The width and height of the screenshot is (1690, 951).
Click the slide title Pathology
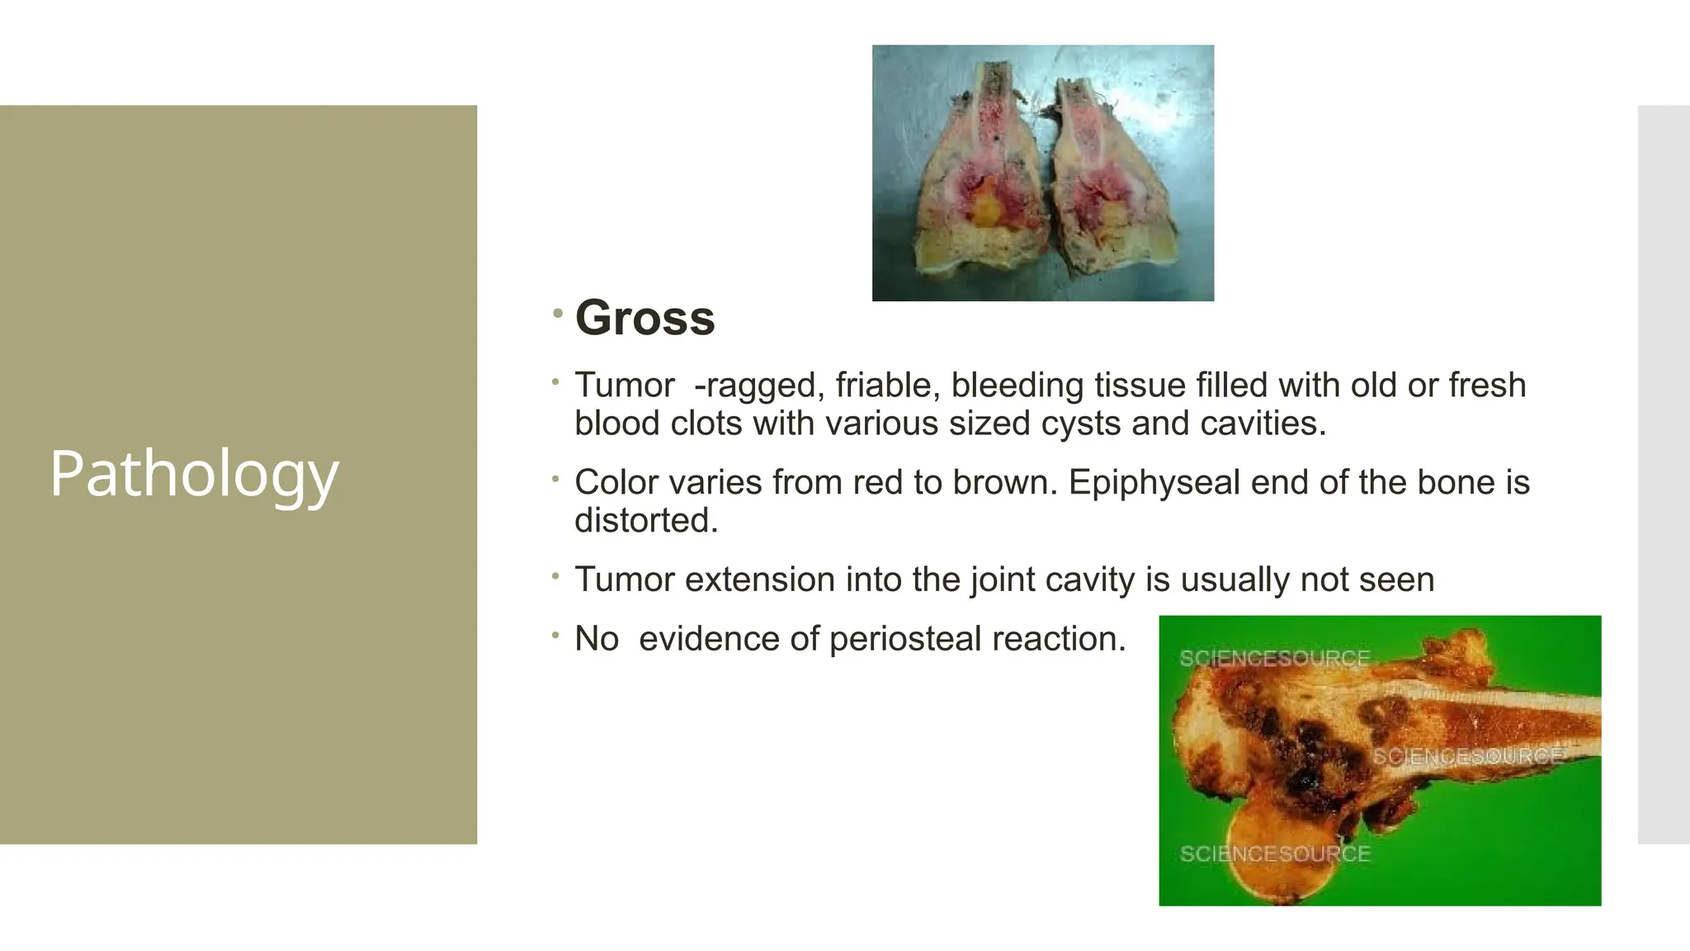tap(194, 474)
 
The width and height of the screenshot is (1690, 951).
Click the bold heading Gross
tap(644, 318)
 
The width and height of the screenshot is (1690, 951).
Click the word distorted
tap(646, 520)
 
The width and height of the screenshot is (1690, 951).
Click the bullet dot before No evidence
tap(556, 636)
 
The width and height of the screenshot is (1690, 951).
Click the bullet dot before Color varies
tap(556, 479)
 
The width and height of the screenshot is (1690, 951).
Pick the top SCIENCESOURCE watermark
tap(1274, 659)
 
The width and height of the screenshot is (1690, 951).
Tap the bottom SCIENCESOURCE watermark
tap(1274, 854)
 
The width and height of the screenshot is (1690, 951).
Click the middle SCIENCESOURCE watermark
tap(1467, 756)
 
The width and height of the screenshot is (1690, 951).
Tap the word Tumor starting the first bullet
tap(624, 386)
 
